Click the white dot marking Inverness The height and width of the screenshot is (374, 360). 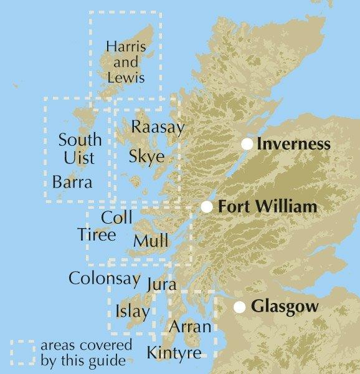pos(247,144)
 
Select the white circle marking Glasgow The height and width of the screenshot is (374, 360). pos(239,307)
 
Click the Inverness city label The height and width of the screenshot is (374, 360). pos(293,145)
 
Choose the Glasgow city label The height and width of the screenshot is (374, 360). pos(285,307)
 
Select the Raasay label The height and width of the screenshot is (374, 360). pos(158,128)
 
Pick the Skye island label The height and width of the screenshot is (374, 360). pos(146,156)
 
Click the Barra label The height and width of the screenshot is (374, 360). pos(72,183)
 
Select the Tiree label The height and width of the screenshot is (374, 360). pos(97,235)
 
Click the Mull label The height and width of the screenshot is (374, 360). pos(151,241)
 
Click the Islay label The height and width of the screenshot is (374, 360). pos(132,311)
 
